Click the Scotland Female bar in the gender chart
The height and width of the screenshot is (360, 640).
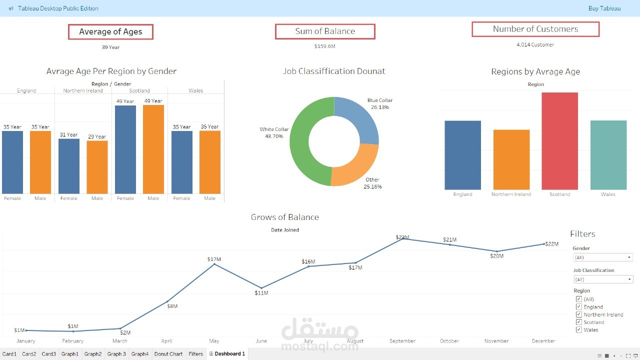[x=125, y=149]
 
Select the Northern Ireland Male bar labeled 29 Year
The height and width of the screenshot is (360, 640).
[x=97, y=167]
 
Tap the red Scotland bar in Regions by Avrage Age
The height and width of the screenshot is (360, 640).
[x=559, y=141]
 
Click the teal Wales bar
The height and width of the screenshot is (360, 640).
[x=608, y=155]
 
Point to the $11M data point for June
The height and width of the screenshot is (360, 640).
[x=261, y=288]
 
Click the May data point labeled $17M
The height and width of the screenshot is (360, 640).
[x=214, y=264]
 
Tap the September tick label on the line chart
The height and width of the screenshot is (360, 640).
[x=402, y=341]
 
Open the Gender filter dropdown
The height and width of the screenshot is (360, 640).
[x=603, y=257]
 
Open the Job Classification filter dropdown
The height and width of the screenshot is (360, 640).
[x=603, y=279]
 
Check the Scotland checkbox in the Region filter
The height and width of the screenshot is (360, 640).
[x=579, y=322]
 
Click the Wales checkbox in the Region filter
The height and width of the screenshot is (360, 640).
[x=579, y=329]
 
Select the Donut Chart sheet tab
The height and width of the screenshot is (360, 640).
[x=168, y=354]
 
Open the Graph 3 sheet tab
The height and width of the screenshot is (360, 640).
[x=116, y=354]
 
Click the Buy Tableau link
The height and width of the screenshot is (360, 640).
[x=604, y=8]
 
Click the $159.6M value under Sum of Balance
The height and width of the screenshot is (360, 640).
[x=325, y=46]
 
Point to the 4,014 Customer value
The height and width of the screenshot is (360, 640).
[x=535, y=44]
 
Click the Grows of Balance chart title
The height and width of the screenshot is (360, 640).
[x=285, y=217]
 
